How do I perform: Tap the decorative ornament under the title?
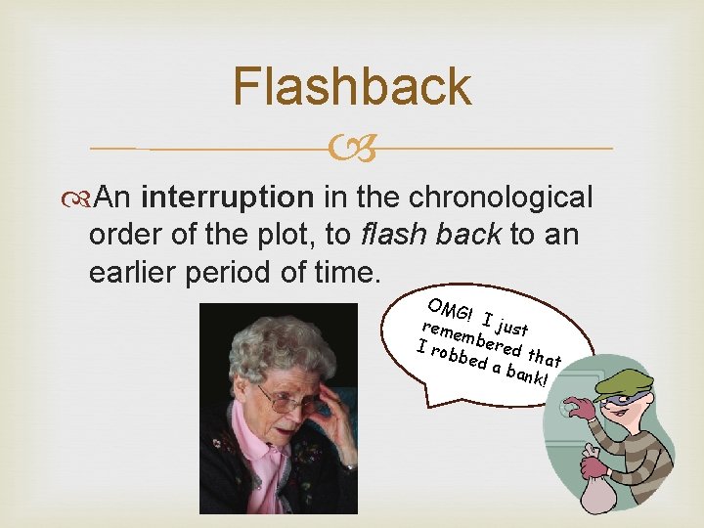(x=352, y=149)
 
